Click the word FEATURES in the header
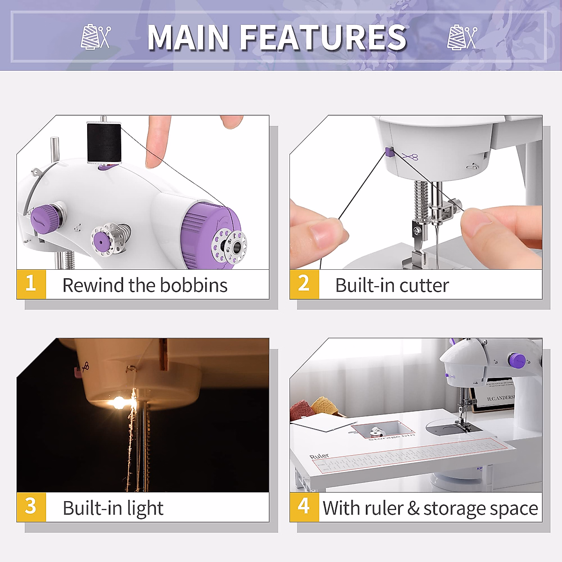point(323,37)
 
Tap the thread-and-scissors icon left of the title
point(96,37)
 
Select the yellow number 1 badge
point(31,284)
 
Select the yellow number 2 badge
point(304,284)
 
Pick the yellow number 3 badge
point(31,507)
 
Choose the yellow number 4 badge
point(304,507)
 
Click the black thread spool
point(104,143)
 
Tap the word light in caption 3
point(145,509)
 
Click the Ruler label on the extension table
point(319,456)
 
